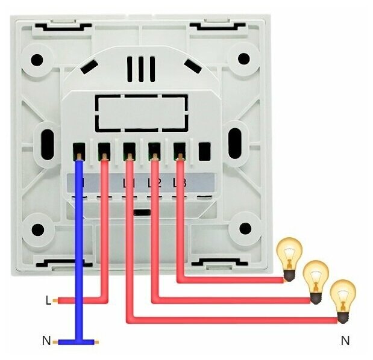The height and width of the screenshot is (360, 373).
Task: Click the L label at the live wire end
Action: tap(48, 299)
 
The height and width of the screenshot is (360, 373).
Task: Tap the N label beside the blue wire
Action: tap(46, 341)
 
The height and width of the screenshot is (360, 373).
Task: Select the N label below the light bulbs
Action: tap(345, 341)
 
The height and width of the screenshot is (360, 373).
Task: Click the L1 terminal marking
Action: tap(128, 182)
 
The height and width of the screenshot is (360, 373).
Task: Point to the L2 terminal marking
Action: tap(154, 182)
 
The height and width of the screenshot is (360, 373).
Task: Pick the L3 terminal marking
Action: tap(178, 182)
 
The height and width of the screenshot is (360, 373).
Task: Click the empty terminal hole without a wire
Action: tap(204, 149)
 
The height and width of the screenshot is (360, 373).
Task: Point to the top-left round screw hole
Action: tap(37, 60)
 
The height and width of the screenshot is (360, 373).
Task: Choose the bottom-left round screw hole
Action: tap(38, 229)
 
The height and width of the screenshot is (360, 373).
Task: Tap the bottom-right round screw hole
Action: tap(245, 229)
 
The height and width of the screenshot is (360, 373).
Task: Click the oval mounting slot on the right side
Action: tap(235, 140)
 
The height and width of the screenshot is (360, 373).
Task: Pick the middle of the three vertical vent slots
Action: tap(141, 69)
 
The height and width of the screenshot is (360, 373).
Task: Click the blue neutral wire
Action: tap(79, 253)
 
